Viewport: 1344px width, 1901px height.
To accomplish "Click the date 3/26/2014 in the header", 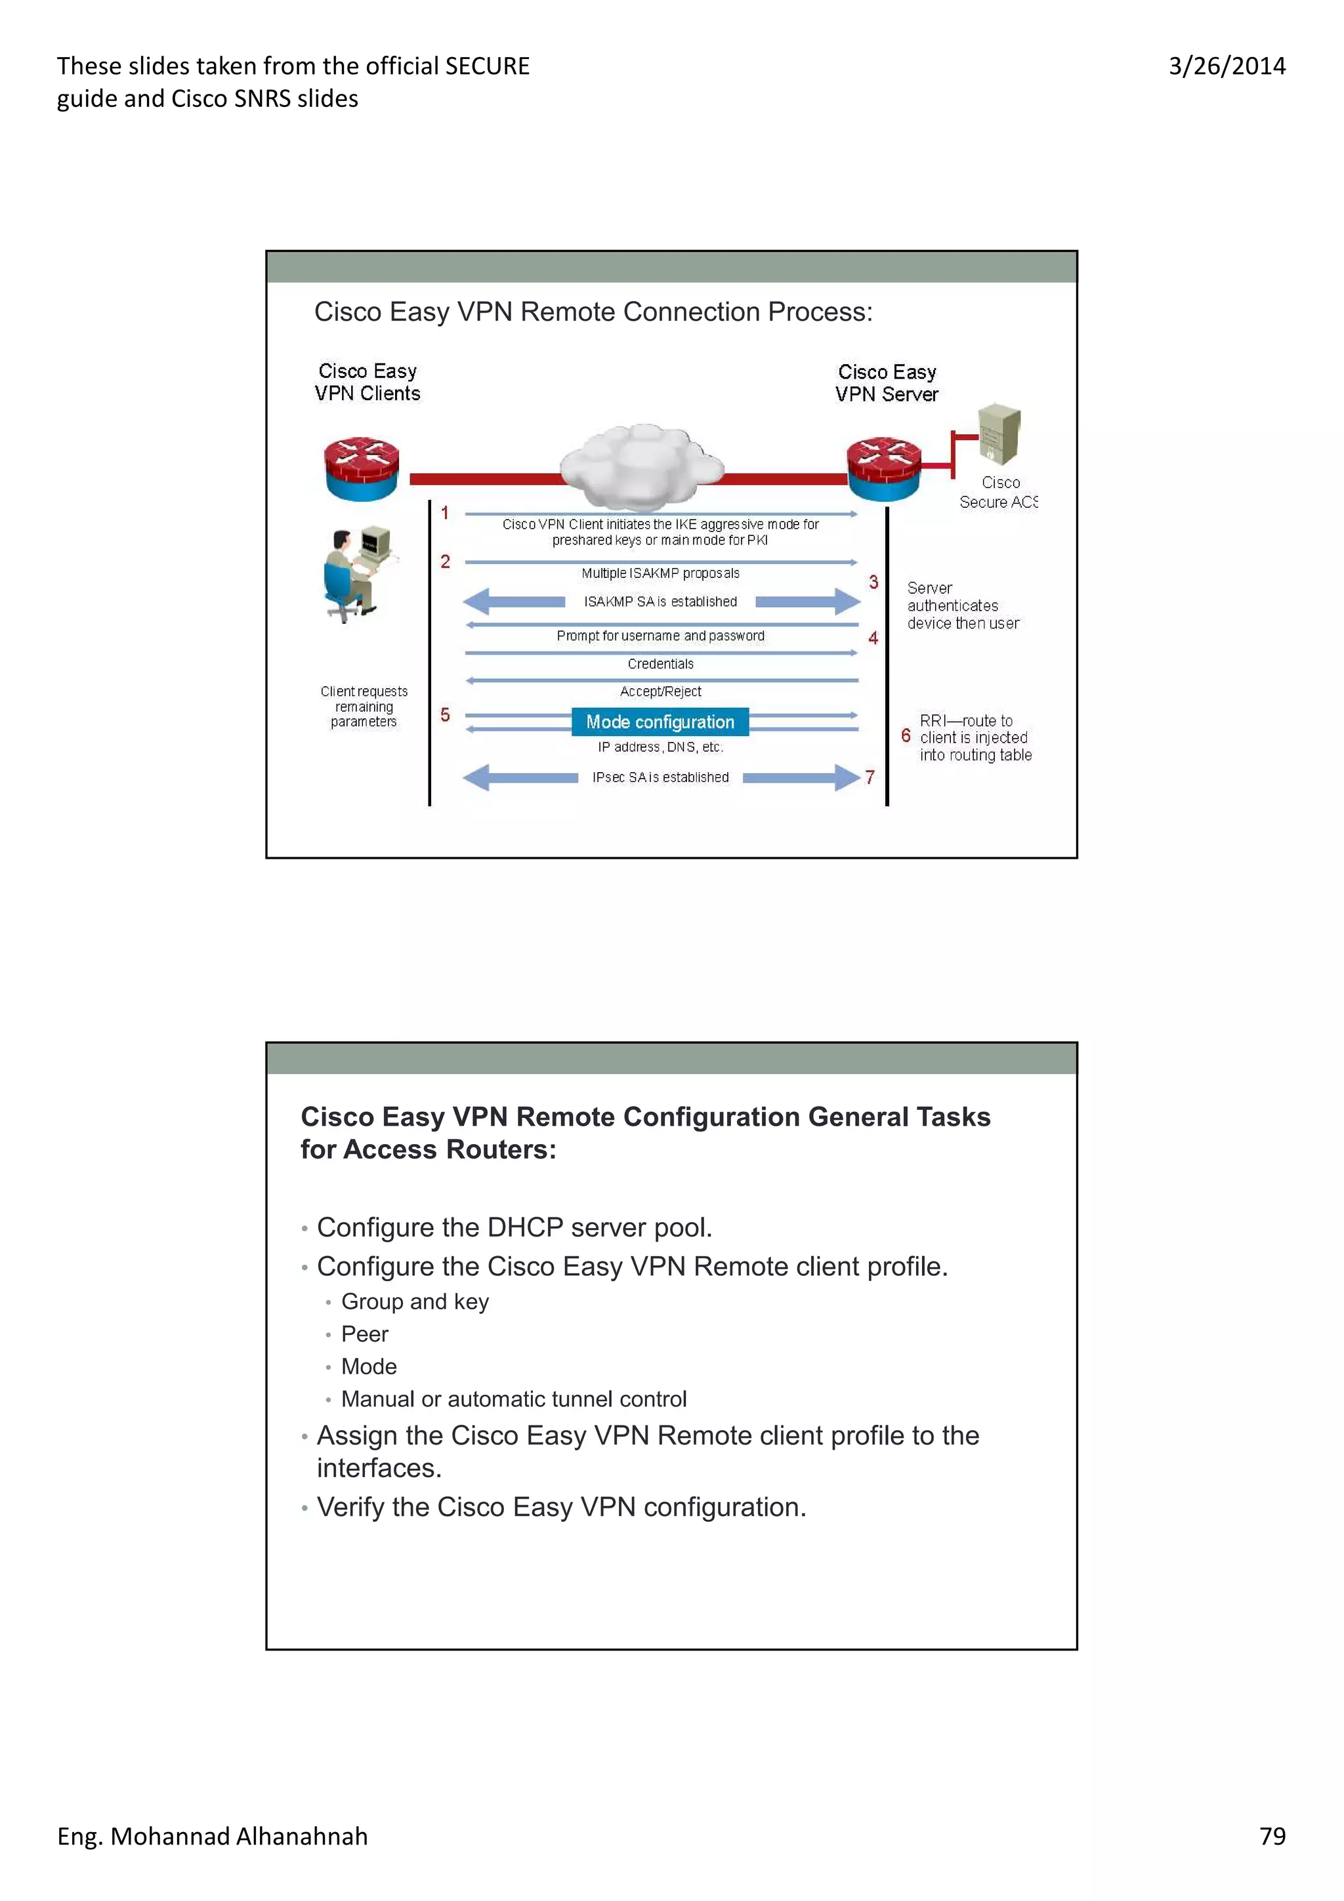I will click(x=1227, y=66).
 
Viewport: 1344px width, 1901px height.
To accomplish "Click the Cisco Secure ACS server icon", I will click(x=999, y=434).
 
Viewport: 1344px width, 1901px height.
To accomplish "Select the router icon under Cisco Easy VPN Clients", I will click(x=361, y=470).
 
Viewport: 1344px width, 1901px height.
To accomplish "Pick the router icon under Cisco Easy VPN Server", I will click(x=883, y=470).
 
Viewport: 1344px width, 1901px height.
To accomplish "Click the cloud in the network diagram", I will click(x=641, y=466).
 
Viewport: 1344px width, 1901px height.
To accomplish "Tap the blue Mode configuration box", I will click(x=660, y=722).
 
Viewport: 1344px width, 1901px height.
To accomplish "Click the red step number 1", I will click(x=445, y=514).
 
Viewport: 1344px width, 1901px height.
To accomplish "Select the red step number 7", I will click(x=870, y=777).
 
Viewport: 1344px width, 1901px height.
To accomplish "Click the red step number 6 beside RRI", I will click(x=906, y=735).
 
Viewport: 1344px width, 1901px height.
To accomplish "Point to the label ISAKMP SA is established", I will click(x=660, y=602).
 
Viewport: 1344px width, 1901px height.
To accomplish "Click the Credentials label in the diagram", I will click(x=660, y=664).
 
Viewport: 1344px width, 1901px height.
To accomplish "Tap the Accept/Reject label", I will click(x=660, y=691).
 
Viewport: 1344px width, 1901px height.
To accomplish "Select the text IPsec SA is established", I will click(x=660, y=777).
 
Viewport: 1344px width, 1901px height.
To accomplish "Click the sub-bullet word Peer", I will click(x=364, y=1334).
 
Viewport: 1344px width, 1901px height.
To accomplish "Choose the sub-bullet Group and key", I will click(x=415, y=1301).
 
